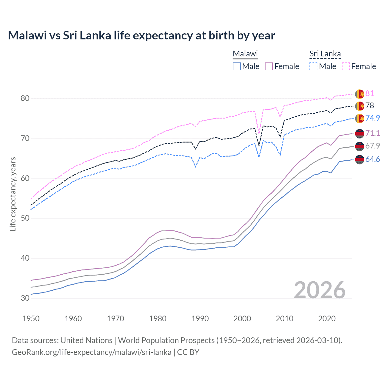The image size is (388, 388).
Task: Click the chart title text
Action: (x=141, y=35)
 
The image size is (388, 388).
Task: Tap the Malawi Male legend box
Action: (x=237, y=66)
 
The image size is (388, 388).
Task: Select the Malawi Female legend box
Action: (x=269, y=66)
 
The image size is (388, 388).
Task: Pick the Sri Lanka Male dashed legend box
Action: (x=313, y=66)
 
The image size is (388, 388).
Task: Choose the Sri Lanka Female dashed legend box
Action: (x=346, y=66)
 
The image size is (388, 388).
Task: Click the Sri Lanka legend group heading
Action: (x=325, y=54)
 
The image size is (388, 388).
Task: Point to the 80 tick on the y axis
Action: (x=25, y=98)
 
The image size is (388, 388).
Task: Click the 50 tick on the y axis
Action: (x=25, y=218)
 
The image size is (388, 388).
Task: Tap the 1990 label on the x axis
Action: (x=200, y=319)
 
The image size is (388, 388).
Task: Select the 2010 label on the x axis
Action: (x=285, y=319)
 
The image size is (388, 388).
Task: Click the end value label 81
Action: (x=370, y=94)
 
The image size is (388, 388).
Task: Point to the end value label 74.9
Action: (x=372, y=118)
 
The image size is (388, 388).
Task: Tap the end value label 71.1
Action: (x=372, y=133)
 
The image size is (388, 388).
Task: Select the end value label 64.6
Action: (x=372, y=159)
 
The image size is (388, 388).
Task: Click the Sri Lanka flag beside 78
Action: (x=360, y=106)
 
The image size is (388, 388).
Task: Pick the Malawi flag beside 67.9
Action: (x=360, y=146)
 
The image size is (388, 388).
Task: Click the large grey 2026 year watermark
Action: (x=320, y=290)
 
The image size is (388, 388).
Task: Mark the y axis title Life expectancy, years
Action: (x=13, y=194)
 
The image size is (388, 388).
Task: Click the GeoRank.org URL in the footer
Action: (x=92, y=352)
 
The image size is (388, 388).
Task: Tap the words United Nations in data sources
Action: (x=86, y=340)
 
